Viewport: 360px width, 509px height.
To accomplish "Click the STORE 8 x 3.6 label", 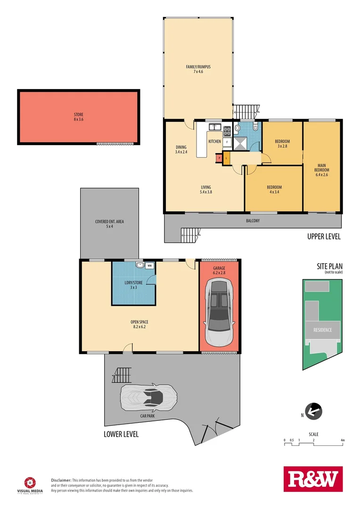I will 78,117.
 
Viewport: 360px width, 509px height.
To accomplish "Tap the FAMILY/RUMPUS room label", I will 198,69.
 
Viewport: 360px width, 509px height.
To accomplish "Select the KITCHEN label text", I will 215,141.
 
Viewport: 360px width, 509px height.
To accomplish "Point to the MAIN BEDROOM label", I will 322,170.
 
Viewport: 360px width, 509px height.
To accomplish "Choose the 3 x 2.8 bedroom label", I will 282,144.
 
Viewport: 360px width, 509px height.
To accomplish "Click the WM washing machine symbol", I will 149,265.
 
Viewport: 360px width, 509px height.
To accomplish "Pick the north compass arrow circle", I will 312,411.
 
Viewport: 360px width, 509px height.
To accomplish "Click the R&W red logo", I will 313,479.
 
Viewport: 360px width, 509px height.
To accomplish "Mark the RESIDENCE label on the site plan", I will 323,330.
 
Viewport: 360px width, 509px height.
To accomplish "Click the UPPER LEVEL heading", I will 324,237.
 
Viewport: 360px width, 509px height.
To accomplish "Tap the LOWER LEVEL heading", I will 121,434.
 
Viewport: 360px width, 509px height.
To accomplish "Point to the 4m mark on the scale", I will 343,441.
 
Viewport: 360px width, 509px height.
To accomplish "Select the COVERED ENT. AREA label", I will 109,224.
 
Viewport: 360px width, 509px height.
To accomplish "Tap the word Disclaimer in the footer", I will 61,479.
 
